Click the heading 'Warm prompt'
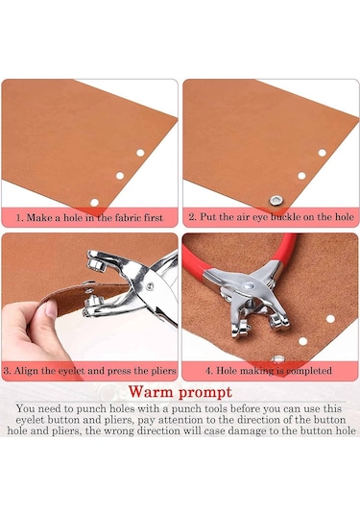pyautogui.click(x=180, y=392)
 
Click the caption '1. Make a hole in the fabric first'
pyautogui.click(x=89, y=218)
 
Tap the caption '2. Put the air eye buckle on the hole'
pyautogui.click(x=272, y=217)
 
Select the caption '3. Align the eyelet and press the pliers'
pyautogui.click(x=89, y=371)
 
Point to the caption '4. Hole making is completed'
pyautogui.click(x=269, y=371)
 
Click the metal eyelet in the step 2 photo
pyautogui.click(x=276, y=200)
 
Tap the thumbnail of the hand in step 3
pyautogui.click(x=51, y=308)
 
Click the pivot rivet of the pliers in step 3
pyautogui.click(x=150, y=286)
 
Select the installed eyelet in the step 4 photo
pyautogui.click(x=278, y=359)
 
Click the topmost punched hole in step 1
pyautogui.click(x=140, y=153)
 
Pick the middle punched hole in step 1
pyautogui.click(x=120, y=176)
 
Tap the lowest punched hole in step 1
pyautogui.click(x=94, y=203)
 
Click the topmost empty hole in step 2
pyautogui.click(x=323, y=153)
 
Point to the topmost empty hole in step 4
pyautogui.click(x=330, y=319)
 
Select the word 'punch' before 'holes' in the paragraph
pyautogui.click(x=94, y=408)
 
